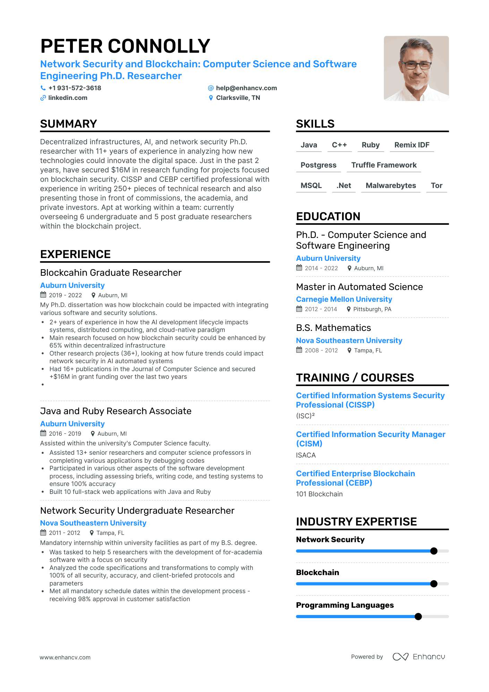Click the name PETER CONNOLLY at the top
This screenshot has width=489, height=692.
125,46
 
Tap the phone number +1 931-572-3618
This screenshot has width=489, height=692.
75,88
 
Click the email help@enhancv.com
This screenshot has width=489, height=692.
246,88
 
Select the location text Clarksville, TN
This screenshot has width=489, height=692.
238,98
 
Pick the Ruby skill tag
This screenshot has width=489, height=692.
370,145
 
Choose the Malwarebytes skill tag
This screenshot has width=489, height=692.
391,186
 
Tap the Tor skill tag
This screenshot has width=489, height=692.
436,186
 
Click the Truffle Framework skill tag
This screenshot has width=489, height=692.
384,165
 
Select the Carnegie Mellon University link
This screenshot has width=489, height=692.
344,299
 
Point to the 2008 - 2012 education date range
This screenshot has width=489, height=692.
321,350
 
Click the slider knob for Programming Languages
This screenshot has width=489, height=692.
418,616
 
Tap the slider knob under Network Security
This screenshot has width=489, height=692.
434,551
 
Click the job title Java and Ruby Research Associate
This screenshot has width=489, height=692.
115,411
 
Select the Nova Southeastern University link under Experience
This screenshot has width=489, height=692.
93,523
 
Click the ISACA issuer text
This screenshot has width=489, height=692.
306,455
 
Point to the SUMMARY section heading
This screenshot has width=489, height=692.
68,124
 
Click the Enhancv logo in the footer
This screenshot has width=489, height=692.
419,657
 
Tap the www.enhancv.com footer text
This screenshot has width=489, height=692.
65,657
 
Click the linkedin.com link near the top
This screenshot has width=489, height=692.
68,98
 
